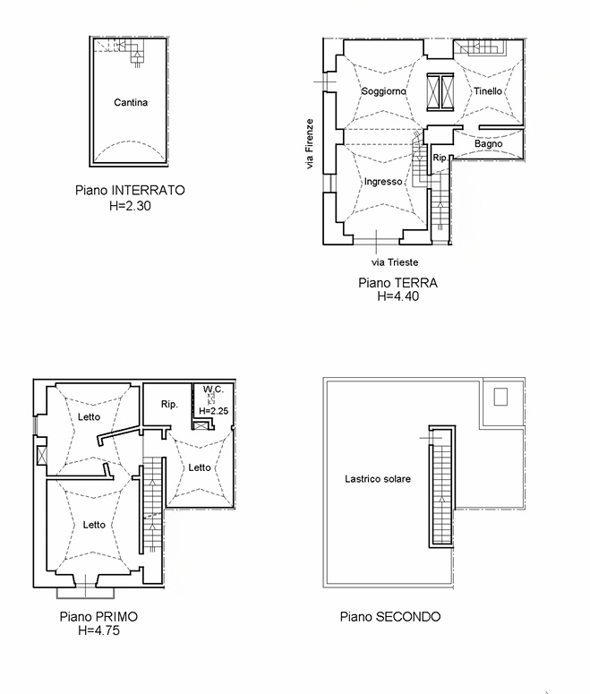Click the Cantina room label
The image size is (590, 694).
(131, 103)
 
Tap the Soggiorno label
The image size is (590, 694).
(384, 91)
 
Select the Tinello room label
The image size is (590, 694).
(488, 91)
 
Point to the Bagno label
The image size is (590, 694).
(489, 144)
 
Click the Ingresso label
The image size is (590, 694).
(383, 182)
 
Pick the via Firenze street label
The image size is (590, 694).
(310, 143)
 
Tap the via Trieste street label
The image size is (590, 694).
(395, 262)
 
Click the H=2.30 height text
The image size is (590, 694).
(130, 206)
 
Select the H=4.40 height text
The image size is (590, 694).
(398, 296)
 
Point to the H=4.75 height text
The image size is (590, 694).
(98, 630)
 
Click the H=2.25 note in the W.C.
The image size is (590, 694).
(214, 411)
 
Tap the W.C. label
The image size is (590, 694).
(213, 390)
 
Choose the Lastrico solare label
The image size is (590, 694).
(378, 479)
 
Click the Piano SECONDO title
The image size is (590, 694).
(390, 617)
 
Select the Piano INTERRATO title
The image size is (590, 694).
(130, 191)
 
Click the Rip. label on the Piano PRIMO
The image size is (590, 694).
(169, 404)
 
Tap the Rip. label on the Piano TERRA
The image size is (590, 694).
(440, 158)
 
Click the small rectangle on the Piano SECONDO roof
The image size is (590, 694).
(500, 397)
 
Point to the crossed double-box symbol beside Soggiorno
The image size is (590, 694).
(440, 91)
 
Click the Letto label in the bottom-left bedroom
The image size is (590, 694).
(94, 525)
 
